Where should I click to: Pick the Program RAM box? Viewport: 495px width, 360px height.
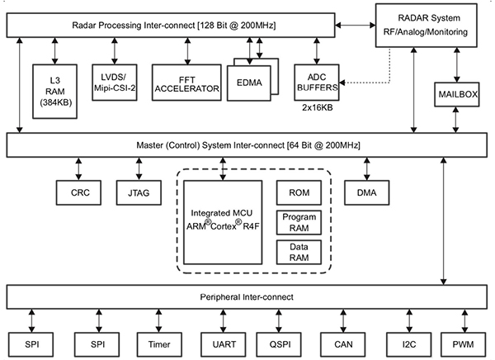pos(297,222)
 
